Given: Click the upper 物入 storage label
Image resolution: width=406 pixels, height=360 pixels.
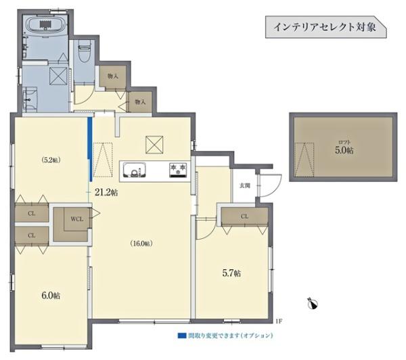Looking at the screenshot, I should (x=112, y=76).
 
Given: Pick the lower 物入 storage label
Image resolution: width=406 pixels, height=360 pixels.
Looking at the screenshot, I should (x=140, y=102).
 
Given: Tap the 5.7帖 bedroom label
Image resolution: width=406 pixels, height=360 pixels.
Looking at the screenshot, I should (x=232, y=273).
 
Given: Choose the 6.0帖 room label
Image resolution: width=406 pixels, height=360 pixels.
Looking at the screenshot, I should (x=51, y=296).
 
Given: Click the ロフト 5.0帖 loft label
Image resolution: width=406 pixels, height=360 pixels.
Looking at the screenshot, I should (x=345, y=147).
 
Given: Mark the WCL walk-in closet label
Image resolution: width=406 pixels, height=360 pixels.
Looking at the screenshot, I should (x=76, y=219).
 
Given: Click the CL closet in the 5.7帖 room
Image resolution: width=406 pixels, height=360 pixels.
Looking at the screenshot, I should (x=244, y=216).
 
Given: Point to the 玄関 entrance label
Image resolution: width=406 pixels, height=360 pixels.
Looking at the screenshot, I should (x=244, y=185).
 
